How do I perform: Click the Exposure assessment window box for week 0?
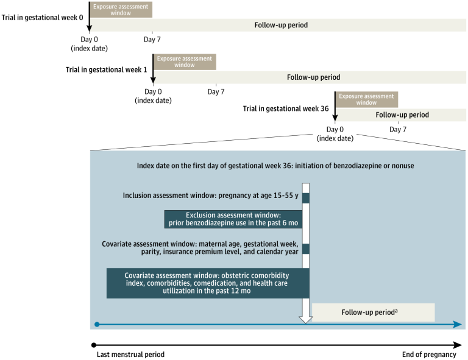pos(121,9)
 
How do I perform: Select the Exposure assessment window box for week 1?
pos(185,62)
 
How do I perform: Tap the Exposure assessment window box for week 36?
pos(367,99)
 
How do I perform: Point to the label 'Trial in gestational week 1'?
pos(106,69)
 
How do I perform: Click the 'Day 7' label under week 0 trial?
pos(152,40)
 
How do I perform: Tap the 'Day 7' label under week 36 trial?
pos(397,129)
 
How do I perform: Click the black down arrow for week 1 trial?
pos(153,70)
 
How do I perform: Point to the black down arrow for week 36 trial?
pos(335,108)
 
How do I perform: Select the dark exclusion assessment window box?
pos(233,219)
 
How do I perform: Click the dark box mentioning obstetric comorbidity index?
pos(207,284)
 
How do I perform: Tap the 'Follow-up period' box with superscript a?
pos(373,312)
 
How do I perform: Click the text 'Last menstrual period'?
pos(130,355)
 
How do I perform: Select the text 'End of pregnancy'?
pos(429,355)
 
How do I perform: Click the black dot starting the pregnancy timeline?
pos(93,345)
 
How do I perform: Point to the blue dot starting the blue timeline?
pos(97,324)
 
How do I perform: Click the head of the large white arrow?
pos(306,319)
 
